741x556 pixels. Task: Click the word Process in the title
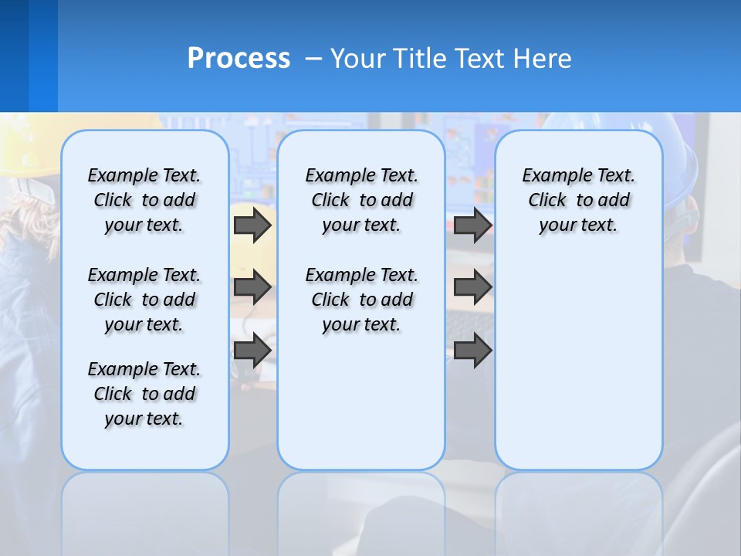click(x=239, y=58)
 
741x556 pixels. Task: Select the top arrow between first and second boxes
click(x=252, y=225)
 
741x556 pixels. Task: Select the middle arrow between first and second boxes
click(x=252, y=287)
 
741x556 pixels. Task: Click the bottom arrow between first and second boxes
click(x=252, y=351)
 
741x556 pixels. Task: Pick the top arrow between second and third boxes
click(x=472, y=225)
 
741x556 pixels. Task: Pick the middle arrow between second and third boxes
click(x=472, y=287)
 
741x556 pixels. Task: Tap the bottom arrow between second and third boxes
click(x=472, y=351)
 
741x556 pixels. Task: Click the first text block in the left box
click(x=144, y=200)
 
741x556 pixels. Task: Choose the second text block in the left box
click(x=144, y=300)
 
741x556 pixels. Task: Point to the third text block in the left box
click(x=144, y=394)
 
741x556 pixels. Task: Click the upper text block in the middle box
click(x=361, y=200)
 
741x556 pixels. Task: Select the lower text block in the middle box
click(x=361, y=300)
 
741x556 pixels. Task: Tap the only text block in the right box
click(x=578, y=200)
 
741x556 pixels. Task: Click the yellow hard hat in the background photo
click(x=23, y=147)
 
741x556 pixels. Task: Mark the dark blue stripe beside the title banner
click(x=14, y=56)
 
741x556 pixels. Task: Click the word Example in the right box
click(x=550, y=176)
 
